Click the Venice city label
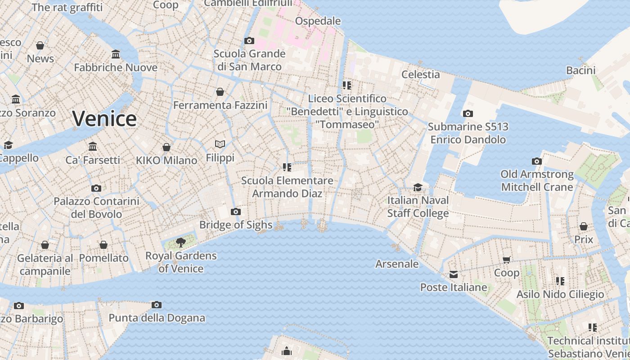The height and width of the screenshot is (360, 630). click(x=104, y=119)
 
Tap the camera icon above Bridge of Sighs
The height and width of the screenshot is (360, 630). click(x=235, y=212)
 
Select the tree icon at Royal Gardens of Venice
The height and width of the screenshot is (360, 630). click(x=181, y=243)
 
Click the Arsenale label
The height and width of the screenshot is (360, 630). click(x=397, y=264)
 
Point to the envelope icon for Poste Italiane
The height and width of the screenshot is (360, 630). click(x=453, y=274)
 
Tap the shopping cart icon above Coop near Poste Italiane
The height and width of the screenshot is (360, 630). click(x=507, y=260)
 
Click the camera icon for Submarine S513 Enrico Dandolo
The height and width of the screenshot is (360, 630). click(x=468, y=114)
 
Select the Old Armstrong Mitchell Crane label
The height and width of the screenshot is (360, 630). click(x=537, y=180)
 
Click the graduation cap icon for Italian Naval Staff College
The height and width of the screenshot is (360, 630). click(x=418, y=187)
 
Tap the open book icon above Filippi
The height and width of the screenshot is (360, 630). click(x=220, y=144)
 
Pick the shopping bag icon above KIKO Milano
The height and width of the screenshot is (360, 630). click(x=166, y=147)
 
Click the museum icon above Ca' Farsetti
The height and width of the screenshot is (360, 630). click(x=93, y=146)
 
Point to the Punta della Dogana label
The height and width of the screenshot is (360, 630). click(x=157, y=318)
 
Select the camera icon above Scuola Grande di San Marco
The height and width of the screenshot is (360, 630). click(x=249, y=41)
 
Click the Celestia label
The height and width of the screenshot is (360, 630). click(x=420, y=74)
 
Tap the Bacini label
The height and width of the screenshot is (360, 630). click(x=580, y=70)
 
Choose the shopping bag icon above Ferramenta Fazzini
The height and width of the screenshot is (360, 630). click(x=220, y=92)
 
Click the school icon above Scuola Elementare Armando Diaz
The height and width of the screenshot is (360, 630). click(x=287, y=167)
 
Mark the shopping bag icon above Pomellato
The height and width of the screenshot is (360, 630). click(x=103, y=245)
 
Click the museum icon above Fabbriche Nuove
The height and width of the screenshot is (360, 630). click(x=116, y=54)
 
